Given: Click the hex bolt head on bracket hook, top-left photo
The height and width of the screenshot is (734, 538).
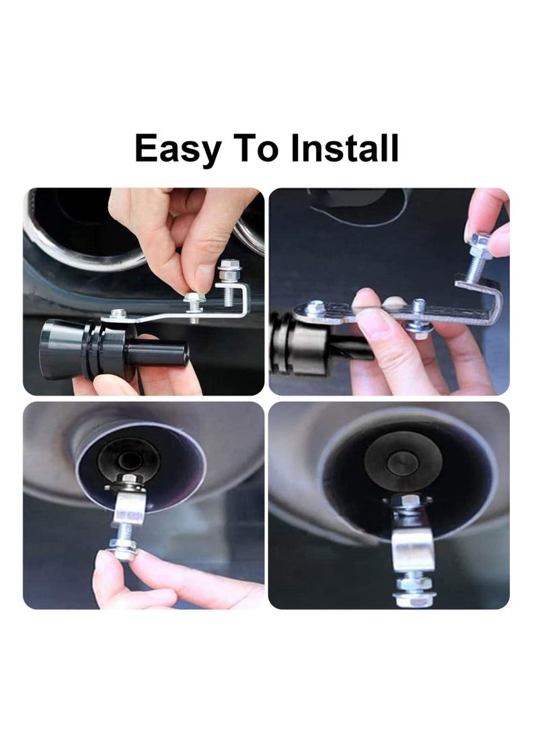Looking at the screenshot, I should pos(229,266).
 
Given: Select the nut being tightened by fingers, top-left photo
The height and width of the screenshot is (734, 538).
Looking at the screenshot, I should pos(194,297).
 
